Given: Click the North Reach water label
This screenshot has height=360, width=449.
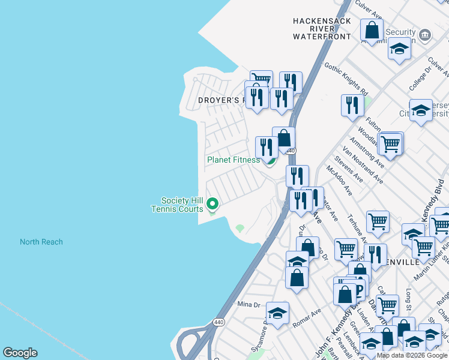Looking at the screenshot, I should tap(41, 242).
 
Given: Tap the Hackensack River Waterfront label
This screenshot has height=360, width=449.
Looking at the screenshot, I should tap(321, 29).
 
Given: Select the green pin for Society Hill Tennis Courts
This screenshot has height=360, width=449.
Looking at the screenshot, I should tap(212, 205).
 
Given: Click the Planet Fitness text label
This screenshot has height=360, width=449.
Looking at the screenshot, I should tap(234, 160).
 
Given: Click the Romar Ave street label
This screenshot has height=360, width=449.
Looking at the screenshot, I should tap(307, 317).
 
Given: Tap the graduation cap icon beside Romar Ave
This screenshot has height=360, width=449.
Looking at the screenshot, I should tap(277, 313).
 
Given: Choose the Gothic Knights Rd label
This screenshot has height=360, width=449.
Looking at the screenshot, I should tap(345, 77).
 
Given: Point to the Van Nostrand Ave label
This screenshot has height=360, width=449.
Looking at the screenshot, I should tap(363, 165).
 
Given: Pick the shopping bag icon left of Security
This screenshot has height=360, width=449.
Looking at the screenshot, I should tap(372, 30).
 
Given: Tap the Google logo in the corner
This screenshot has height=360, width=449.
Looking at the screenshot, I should tap(20, 353).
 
